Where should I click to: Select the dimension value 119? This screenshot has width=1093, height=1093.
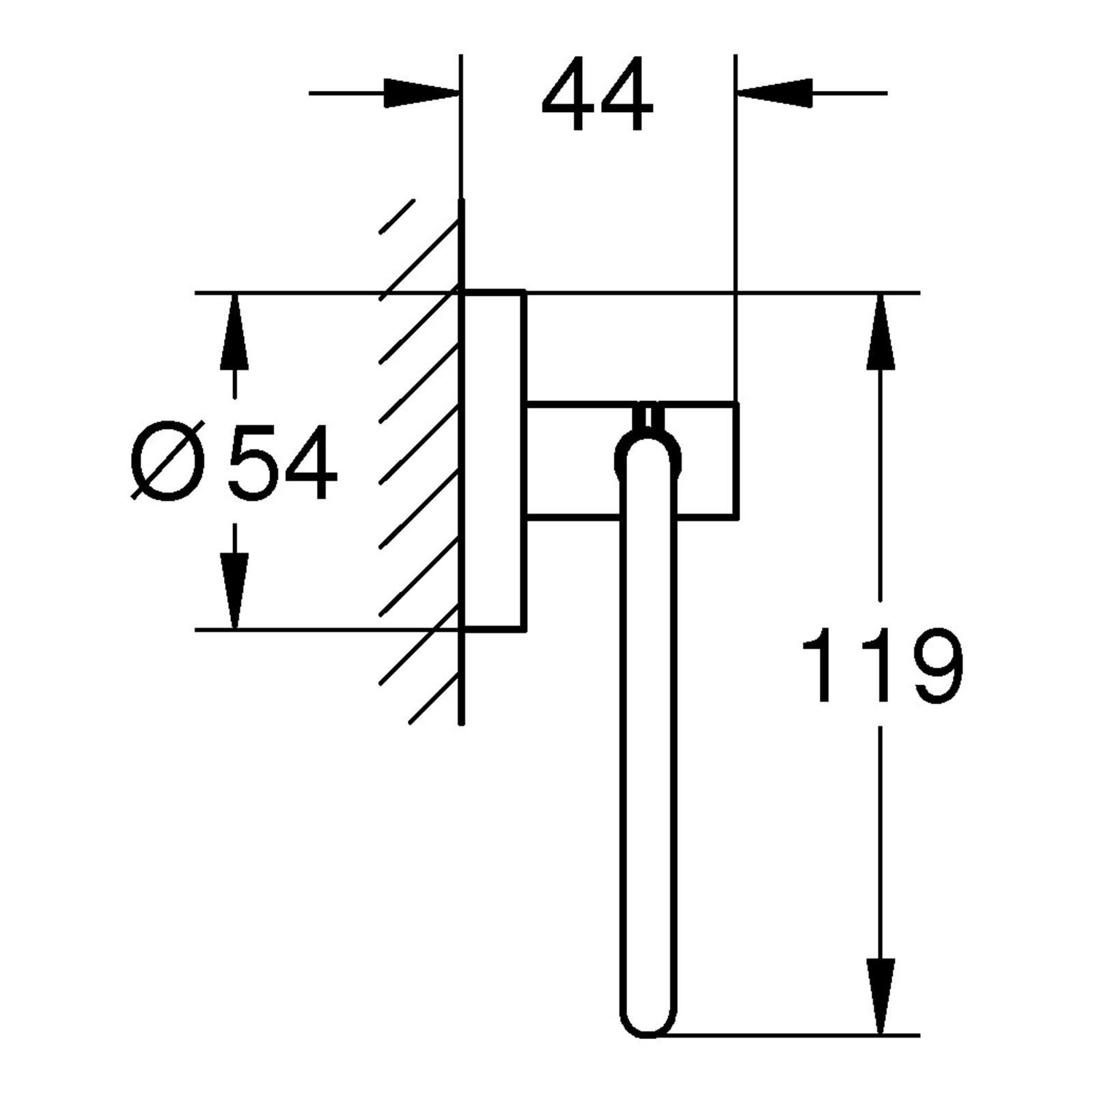click(881, 665)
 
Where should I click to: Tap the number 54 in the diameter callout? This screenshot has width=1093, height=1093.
click(282, 462)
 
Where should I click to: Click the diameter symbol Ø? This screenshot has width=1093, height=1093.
click(167, 463)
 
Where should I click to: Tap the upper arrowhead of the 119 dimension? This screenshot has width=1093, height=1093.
click(881, 328)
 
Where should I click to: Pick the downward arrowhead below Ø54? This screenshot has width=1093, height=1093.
click(234, 591)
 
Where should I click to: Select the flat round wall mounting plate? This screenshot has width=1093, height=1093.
click(494, 459)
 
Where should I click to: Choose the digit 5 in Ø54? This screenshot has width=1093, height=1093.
click(252, 462)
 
